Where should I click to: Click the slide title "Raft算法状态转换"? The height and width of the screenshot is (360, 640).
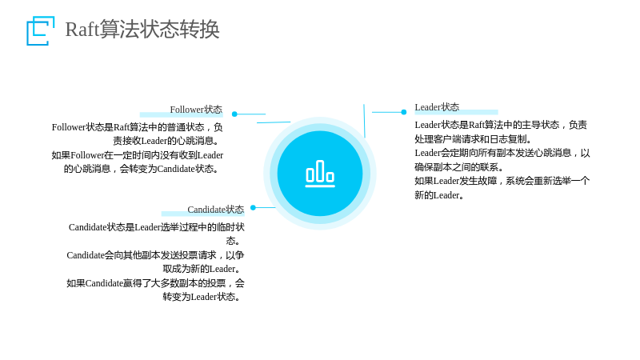coord(142,29)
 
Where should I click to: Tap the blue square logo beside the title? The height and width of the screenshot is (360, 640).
coord(41,30)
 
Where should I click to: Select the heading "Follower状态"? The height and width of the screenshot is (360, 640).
coord(196,110)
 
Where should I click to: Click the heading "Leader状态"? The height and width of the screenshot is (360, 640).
coord(437,107)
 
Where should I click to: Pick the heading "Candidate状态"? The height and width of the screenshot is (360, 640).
coord(215,210)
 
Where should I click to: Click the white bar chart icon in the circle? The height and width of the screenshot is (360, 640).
coord(321,174)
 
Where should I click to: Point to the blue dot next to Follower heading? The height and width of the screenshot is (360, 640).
coord(234,114)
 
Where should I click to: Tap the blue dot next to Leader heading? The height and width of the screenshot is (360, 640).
coord(404,112)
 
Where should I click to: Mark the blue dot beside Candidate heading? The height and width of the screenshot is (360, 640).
coord(253,207)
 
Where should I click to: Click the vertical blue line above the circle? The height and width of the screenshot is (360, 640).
coord(364,121)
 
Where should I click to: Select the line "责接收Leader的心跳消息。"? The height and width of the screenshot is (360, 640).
coord(166,141)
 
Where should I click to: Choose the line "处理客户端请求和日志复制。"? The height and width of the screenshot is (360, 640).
coord(474,139)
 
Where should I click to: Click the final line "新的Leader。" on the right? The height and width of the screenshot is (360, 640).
coord(439,195)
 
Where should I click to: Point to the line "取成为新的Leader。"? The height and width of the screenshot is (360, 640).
coord(202,269)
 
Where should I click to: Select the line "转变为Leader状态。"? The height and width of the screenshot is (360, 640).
coord(202,297)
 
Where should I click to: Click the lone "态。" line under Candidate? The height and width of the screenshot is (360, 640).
coord(233,241)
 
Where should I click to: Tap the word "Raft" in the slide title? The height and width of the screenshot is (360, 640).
coord(82,30)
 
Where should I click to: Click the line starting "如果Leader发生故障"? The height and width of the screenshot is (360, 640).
coord(502,182)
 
